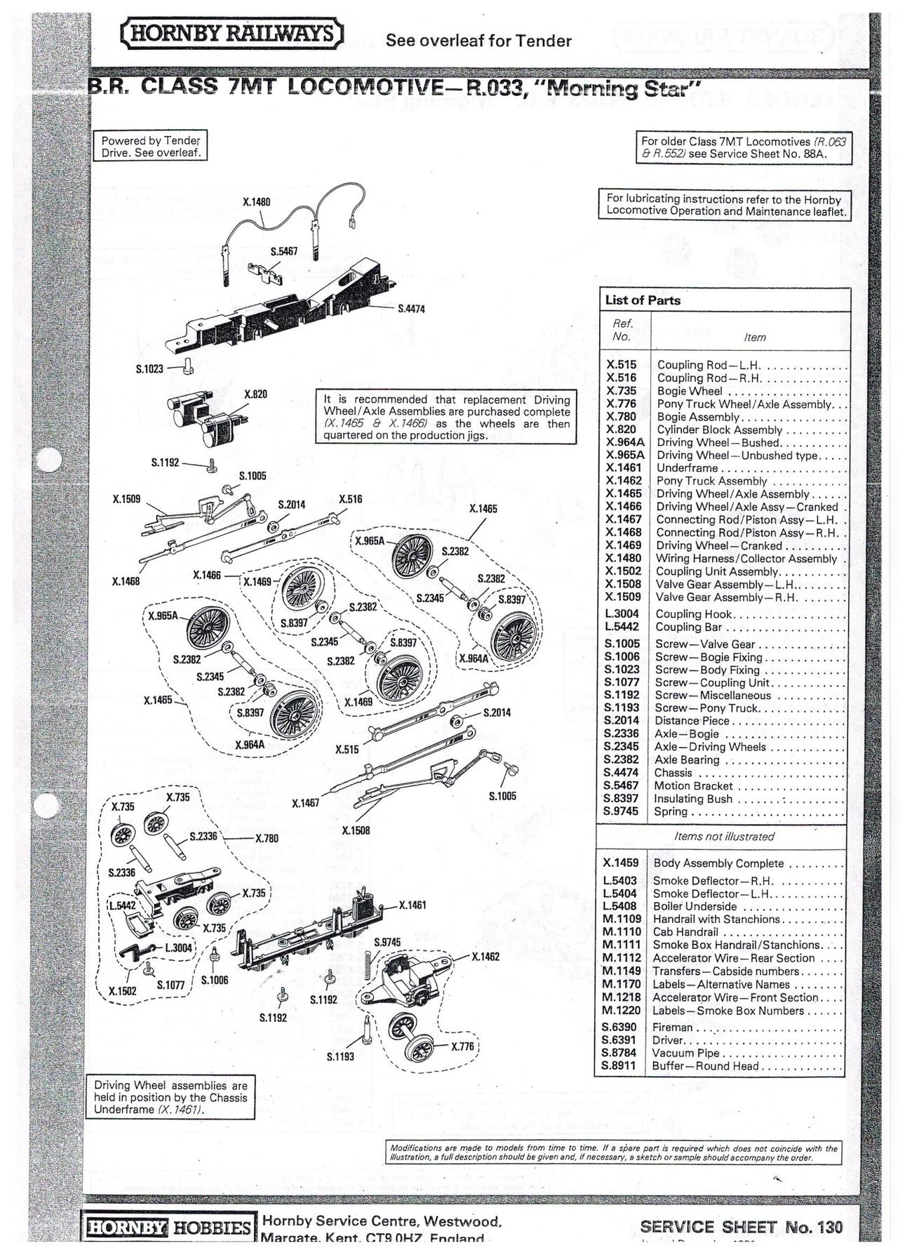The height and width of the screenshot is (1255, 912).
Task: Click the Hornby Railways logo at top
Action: (232, 34)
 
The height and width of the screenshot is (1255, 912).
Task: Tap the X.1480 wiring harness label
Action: (256, 202)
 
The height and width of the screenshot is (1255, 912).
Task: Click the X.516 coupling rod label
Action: (350, 499)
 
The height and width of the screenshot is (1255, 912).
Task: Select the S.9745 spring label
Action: (387, 942)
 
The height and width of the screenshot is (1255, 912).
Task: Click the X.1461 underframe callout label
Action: (413, 905)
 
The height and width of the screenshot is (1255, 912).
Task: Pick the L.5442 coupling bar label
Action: (122, 905)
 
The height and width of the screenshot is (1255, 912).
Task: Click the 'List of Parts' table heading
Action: (643, 300)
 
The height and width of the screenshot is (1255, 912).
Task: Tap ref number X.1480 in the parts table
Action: (623, 559)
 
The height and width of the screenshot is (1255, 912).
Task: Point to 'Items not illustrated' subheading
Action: (724, 837)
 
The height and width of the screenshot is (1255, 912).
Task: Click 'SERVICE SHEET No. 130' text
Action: (741, 1227)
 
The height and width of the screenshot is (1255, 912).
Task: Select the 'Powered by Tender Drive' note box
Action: (151, 147)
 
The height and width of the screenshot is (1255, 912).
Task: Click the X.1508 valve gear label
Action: (356, 830)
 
